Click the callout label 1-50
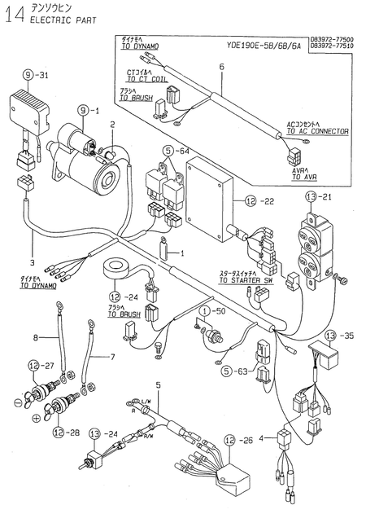(x=212, y=311)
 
